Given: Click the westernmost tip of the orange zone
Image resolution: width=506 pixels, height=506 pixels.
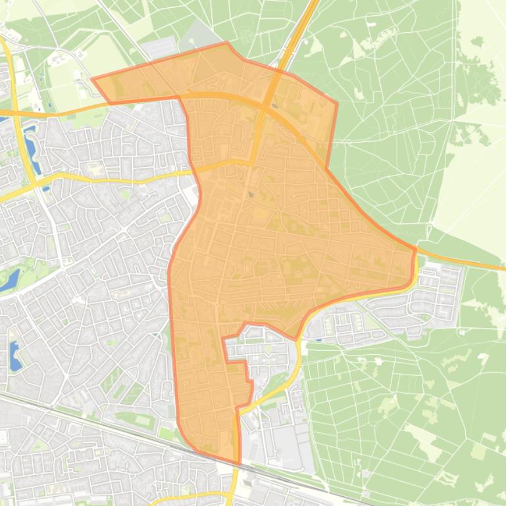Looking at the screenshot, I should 91,79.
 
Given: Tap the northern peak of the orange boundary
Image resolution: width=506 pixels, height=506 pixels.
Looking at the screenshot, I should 227,43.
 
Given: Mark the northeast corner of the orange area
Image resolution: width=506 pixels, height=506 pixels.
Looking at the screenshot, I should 337,103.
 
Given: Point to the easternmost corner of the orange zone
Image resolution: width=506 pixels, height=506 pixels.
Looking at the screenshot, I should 416,248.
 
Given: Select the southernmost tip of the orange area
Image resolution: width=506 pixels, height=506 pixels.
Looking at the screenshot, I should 238,464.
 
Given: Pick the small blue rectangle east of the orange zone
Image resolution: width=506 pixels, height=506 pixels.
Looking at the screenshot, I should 318,340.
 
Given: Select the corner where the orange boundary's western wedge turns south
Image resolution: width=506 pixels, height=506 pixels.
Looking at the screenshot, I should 179,98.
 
